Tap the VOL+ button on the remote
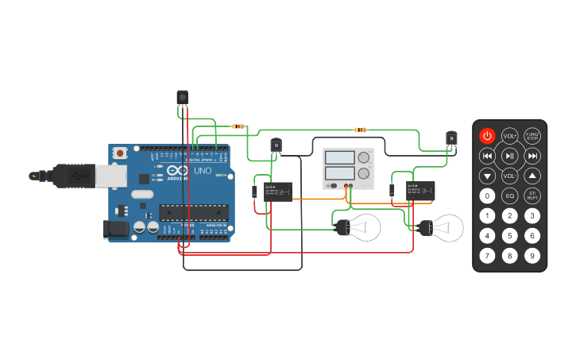[509, 136]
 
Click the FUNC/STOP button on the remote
[532, 136]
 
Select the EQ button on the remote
[509, 195]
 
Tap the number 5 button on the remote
[509, 236]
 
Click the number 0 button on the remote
[487, 195]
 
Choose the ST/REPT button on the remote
[532, 195]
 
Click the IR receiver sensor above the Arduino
[183, 97]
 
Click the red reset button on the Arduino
[120, 152]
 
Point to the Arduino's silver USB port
[112, 176]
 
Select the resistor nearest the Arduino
[238, 126]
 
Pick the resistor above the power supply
[361, 130]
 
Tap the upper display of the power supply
[340, 157]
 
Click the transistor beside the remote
[451, 139]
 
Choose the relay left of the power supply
[277, 191]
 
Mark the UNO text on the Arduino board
[203, 170]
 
